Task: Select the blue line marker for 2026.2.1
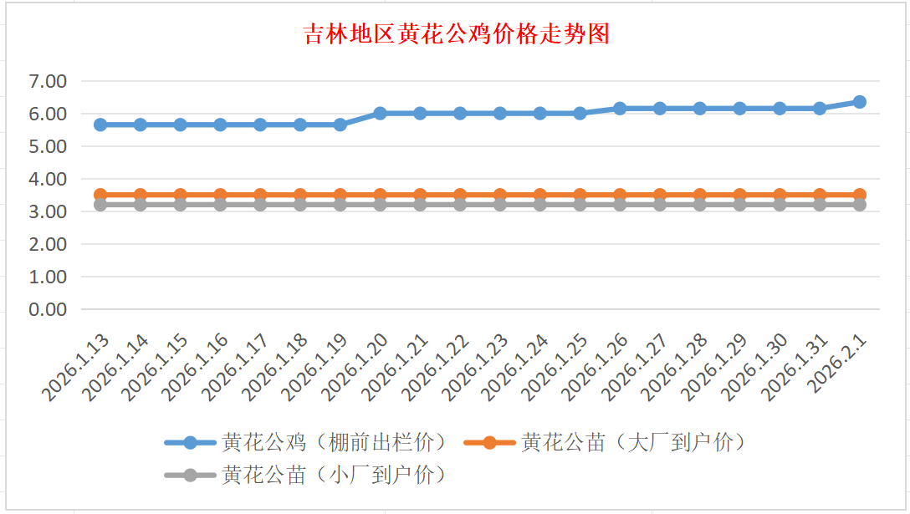click(x=859, y=102)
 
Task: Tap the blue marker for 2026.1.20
click(x=380, y=113)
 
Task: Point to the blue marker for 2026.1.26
click(x=620, y=109)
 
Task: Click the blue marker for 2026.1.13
click(x=100, y=125)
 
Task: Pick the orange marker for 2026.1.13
click(x=100, y=195)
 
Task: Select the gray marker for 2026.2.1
click(x=859, y=204)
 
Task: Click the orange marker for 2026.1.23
click(x=500, y=195)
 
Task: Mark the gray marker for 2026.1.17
click(x=260, y=204)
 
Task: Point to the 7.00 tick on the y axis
click(x=48, y=81)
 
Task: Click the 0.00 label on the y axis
click(x=48, y=309)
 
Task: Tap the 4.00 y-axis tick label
click(x=48, y=179)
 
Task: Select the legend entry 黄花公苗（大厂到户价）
click(x=632, y=442)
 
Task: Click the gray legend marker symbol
click(x=190, y=475)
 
